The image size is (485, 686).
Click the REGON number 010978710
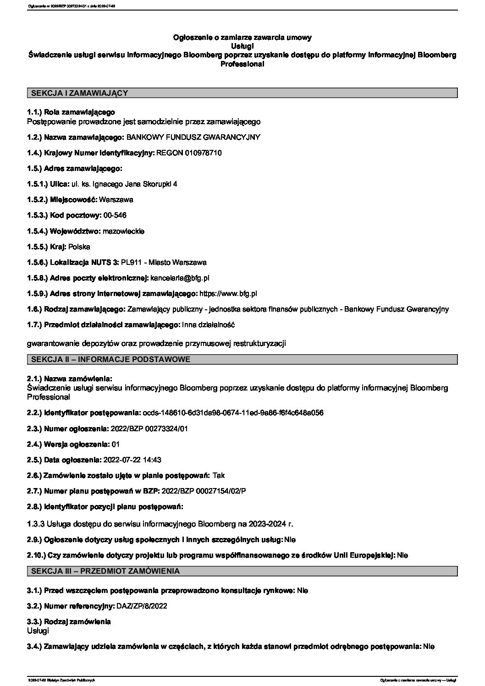pyautogui.click(x=203, y=153)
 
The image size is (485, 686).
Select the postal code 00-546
pyautogui.click(x=116, y=215)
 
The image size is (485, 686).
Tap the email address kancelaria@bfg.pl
pyautogui.click(x=180, y=278)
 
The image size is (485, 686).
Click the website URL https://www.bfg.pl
pyautogui.click(x=228, y=293)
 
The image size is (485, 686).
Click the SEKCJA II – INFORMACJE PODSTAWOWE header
pyautogui.click(x=110, y=360)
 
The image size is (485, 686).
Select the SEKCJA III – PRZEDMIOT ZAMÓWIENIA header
pyautogui.click(x=105, y=571)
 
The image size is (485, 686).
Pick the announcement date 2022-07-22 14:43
pyautogui.click(x=132, y=460)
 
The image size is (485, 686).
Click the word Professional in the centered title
pyautogui.click(x=242, y=65)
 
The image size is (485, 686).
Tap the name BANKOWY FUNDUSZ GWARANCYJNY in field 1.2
pyautogui.click(x=193, y=137)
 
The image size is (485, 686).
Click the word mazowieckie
pyautogui.click(x=124, y=231)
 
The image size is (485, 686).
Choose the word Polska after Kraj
pyautogui.click(x=79, y=247)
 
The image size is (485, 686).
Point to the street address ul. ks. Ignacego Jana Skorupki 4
pyautogui.click(x=124, y=184)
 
